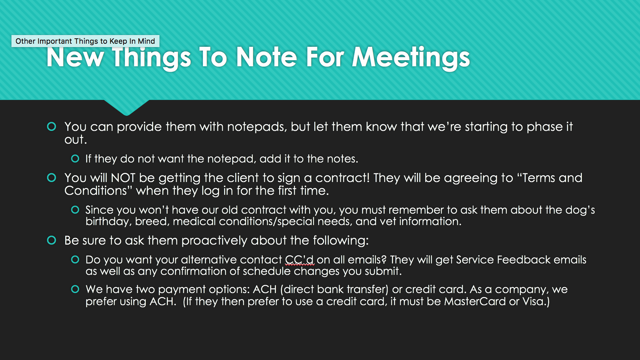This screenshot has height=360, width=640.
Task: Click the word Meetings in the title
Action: point(411,58)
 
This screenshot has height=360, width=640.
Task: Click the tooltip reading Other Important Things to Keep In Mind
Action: point(85,41)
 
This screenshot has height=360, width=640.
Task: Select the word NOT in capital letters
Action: point(123,178)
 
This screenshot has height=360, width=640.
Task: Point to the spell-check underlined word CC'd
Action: point(299,260)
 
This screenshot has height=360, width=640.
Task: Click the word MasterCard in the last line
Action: point(475,301)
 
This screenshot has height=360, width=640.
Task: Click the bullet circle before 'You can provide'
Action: point(51,127)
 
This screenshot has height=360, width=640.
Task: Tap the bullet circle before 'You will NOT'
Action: point(51,178)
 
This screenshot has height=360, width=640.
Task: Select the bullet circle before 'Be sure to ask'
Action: point(51,240)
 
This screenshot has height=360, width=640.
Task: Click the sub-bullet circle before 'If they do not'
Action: point(75,158)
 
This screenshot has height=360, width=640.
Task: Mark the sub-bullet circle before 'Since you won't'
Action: point(75,210)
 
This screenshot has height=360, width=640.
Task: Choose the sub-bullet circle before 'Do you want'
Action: point(75,259)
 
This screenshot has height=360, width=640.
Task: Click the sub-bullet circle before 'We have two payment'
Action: point(75,289)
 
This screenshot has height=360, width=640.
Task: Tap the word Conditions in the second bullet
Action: point(96,191)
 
